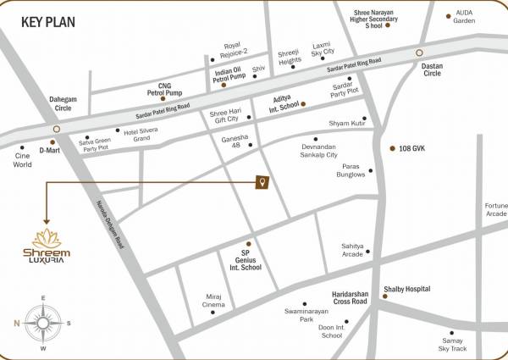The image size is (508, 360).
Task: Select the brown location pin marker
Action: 263,183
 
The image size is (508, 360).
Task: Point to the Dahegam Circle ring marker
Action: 55,130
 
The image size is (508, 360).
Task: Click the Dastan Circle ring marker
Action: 418,53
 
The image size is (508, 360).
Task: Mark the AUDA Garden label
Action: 465,17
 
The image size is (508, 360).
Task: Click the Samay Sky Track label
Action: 452,343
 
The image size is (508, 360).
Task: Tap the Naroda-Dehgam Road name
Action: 108,230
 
